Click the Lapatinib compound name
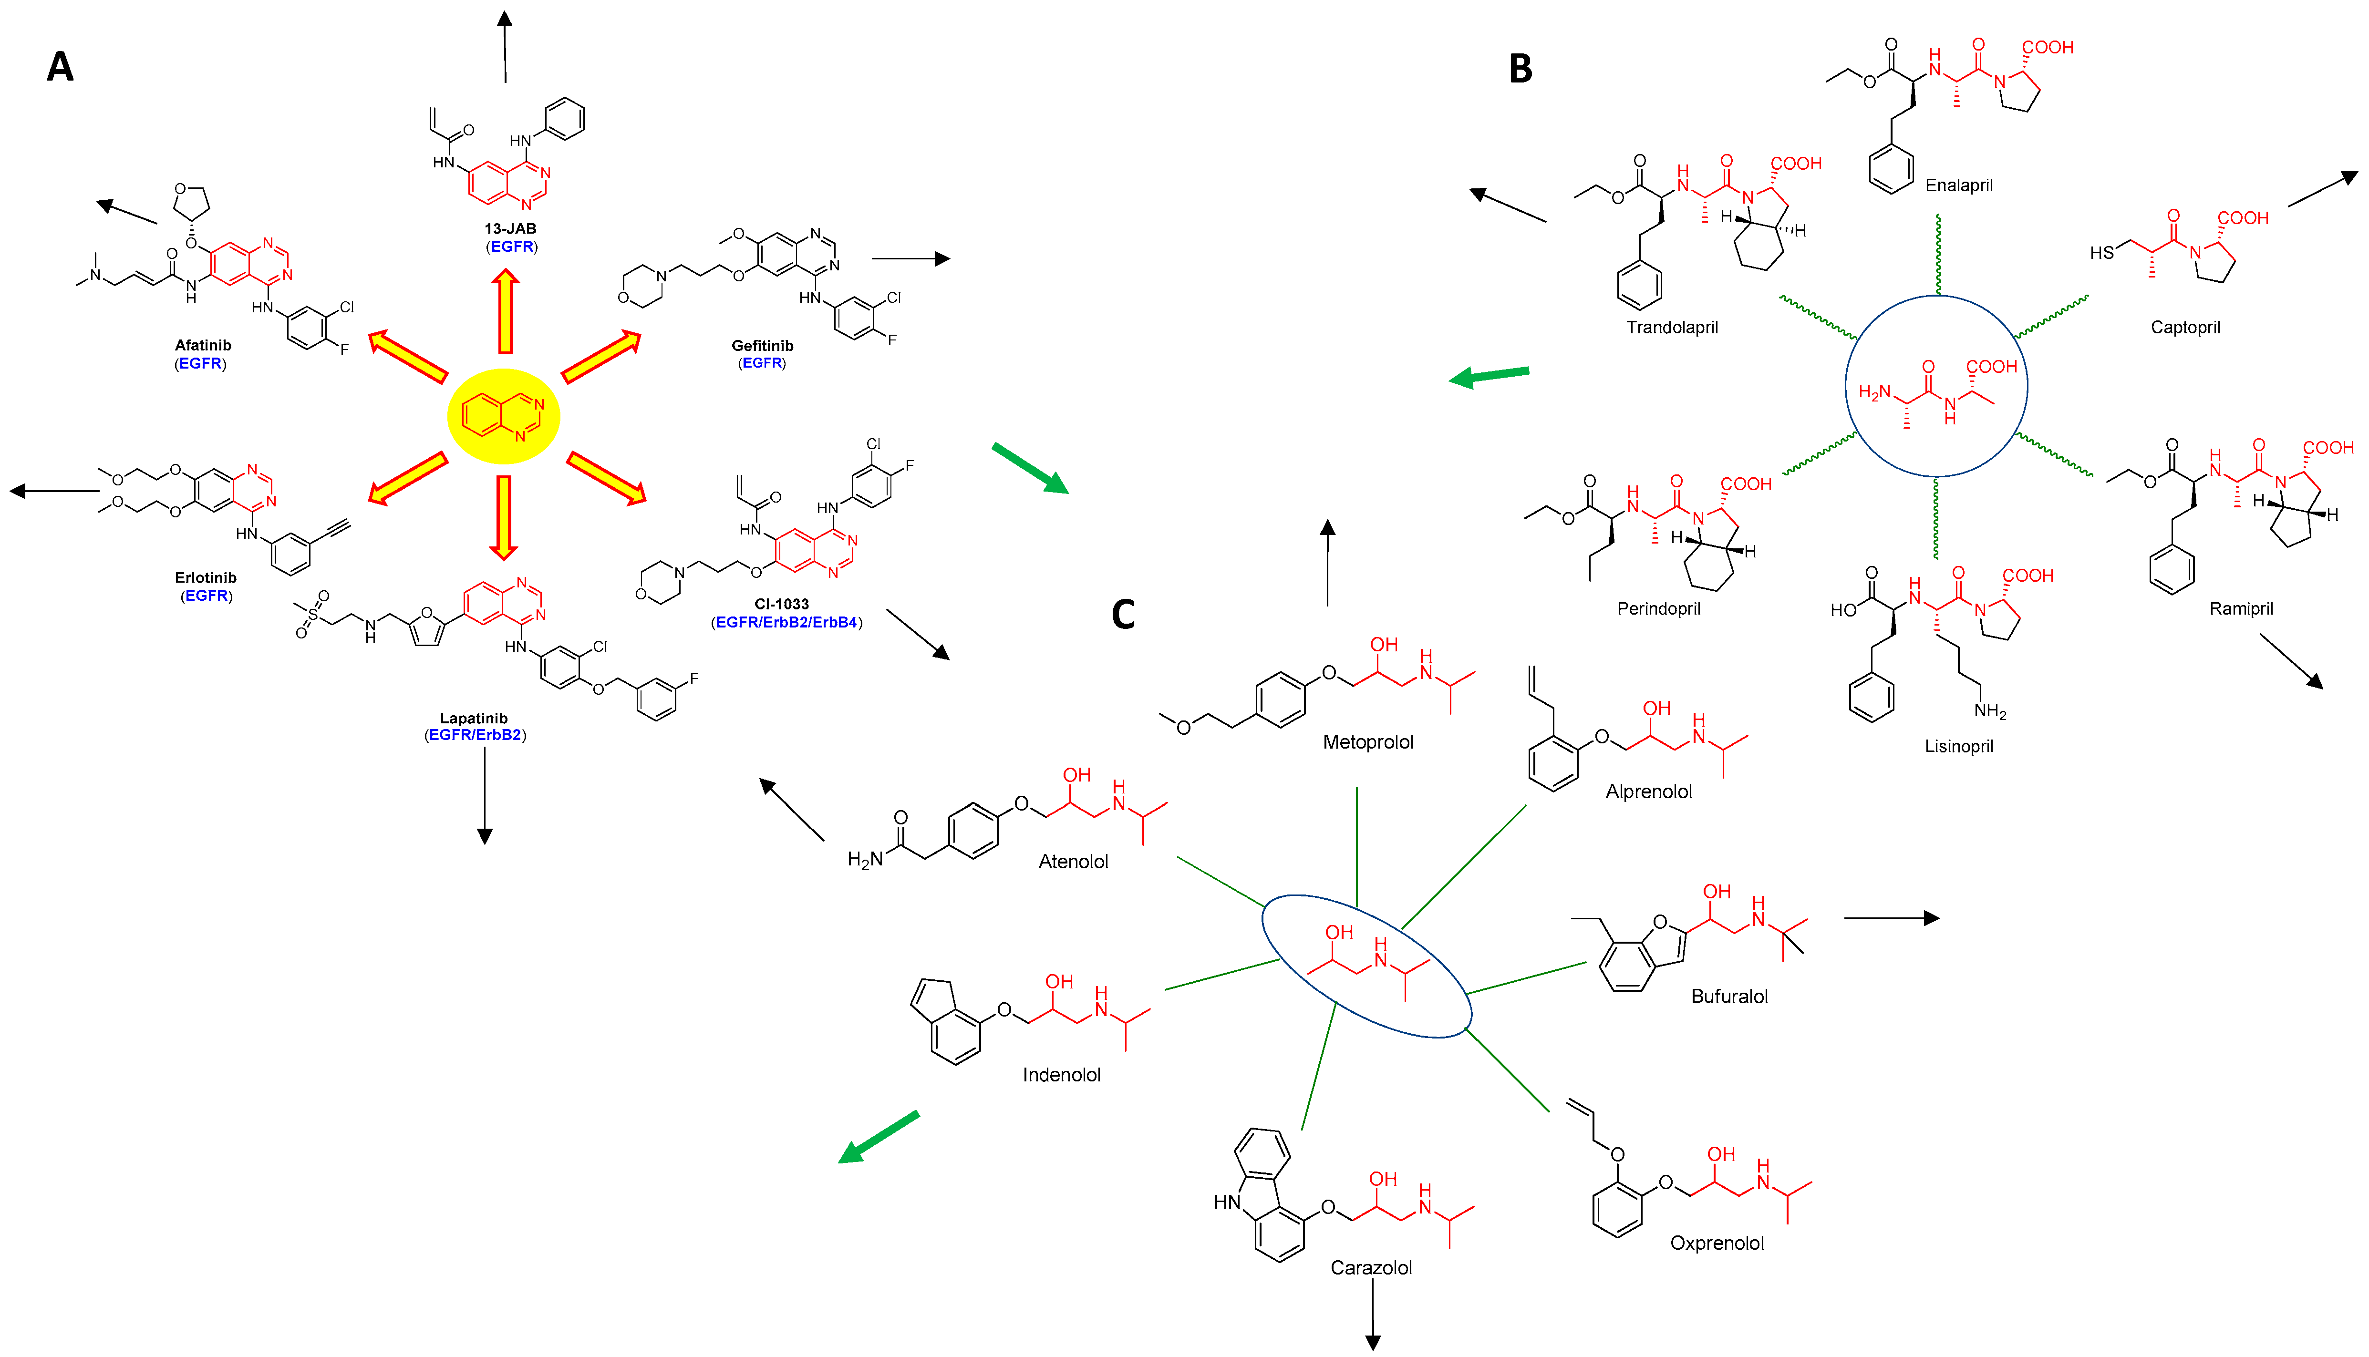pyautogui.click(x=474, y=719)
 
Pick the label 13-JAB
pyautogui.click(x=510, y=228)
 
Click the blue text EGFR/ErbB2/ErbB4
pyautogui.click(x=786, y=623)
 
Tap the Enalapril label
pyautogui.click(x=1959, y=185)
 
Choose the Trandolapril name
pyautogui.click(x=1672, y=327)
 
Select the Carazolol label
pyautogui.click(x=1370, y=1267)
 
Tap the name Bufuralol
pyautogui.click(x=1728, y=997)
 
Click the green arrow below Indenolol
pyautogui.click(x=878, y=1137)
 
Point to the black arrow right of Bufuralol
pyautogui.click(x=1891, y=918)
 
